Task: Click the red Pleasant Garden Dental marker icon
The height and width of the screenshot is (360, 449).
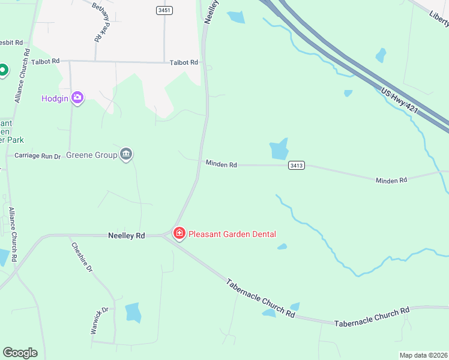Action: pos(179,233)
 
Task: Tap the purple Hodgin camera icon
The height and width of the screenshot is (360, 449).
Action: pos(77,98)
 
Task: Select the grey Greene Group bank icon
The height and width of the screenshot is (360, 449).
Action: pos(126,155)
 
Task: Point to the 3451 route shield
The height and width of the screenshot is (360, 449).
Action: pos(164,10)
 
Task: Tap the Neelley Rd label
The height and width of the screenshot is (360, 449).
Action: pos(127,236)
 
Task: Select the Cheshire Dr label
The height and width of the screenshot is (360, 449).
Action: pos(82,257)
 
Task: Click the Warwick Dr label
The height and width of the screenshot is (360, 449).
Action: pos(99,320)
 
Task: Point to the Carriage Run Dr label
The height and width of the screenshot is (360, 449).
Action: pos(38,156)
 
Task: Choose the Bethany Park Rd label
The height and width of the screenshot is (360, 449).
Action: pos(101,22)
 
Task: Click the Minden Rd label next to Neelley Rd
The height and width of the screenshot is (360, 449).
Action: pos(221,164)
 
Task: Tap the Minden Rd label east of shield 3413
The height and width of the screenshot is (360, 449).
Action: pos(391,180)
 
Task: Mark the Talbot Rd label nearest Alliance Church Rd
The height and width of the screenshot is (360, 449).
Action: pos(46,61)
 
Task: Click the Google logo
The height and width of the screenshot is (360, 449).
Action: pos(20,353)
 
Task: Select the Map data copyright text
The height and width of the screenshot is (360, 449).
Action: pos(424,355)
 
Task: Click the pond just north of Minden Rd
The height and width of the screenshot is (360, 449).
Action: pos(279,149)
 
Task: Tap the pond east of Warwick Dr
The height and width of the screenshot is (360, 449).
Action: pos(133,312)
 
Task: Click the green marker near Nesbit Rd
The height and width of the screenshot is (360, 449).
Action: pos(2,70)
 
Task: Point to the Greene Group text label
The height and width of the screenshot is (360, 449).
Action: pos(91,155)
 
